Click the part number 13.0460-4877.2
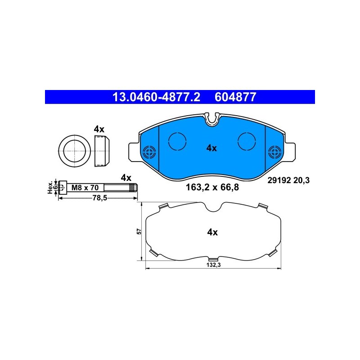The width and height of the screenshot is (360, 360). [x=156, y=97]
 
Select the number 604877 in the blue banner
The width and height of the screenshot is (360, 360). [x=235, y=97]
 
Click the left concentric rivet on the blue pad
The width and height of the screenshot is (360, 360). [x=149, y=152]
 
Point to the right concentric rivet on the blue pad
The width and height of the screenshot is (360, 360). [x=275, y=152]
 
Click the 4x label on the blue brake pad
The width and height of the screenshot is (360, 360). [x=211, y=148]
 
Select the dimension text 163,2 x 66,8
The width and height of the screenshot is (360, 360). [x=212, y=187]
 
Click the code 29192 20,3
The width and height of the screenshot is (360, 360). [x=288, y=180]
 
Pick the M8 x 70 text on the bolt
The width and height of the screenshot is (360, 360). [x=85, y=188]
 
